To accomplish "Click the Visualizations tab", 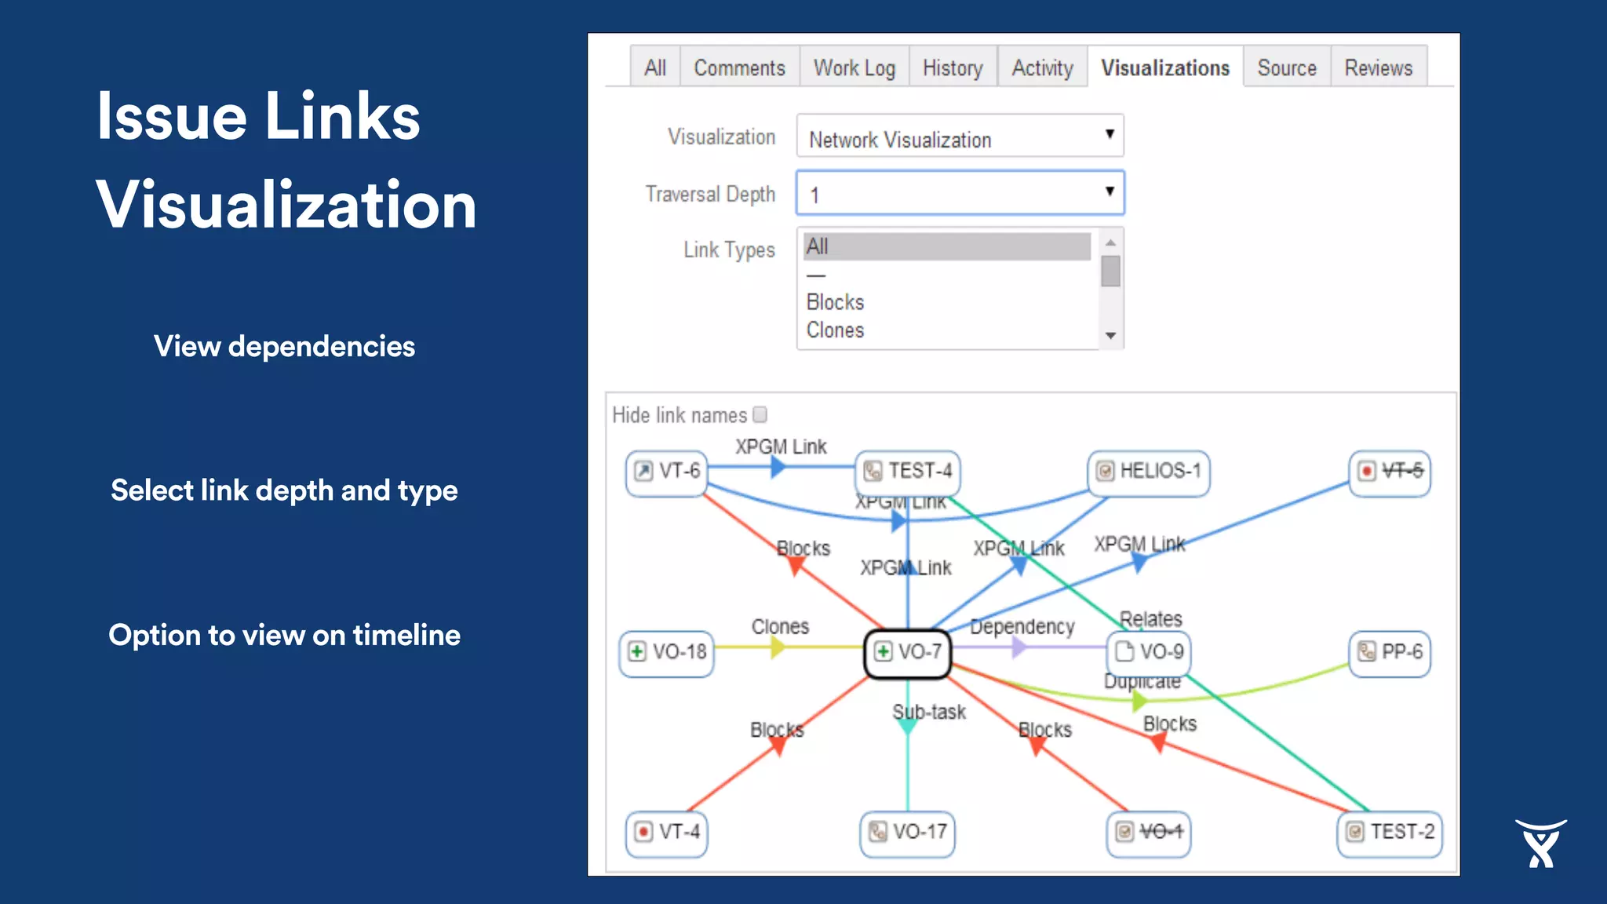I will (x=1164, y=68).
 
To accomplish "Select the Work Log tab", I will (x=854, y=68).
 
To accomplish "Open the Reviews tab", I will (x=1378, y=68).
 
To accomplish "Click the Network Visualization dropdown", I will (x=960, y=137).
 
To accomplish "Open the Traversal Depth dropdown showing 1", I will (x=960, y=193).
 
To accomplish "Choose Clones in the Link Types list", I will (x=836, y=330).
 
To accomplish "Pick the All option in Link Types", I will (x=946, y=246).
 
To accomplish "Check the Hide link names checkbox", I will (x=760, y=414).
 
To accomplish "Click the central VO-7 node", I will (x=908, y=652).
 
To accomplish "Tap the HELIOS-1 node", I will (x=1150, y=472).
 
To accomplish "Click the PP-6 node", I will (x=1390, y=652).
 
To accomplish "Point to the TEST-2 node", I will (x=1390, y=832).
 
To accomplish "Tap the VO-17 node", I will (x=908, y=832).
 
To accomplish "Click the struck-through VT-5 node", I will (x=1390, y=472).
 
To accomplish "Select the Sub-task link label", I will (x=929, y=712).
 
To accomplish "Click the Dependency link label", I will (x=1022, y=626).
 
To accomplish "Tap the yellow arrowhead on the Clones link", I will (x=777, y=647).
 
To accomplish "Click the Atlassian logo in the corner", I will (x=1540, y=844).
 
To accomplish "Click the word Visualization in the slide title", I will (x=286, y=205).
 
